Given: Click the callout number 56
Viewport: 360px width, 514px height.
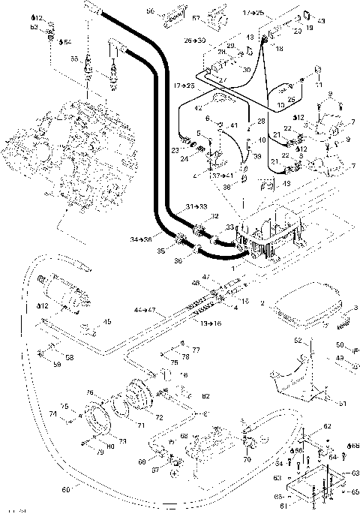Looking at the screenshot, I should (150, 12).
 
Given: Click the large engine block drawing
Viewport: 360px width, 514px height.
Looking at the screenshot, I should (71, 158).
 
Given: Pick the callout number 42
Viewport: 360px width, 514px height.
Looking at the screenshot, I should (198, 108).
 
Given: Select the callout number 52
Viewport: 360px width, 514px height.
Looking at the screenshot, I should (298, 341).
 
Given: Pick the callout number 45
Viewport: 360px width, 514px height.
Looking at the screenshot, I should (107, 323).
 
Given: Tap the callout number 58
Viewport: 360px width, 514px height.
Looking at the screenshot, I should (69, 358).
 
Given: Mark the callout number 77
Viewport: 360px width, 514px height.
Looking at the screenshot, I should (196, 350).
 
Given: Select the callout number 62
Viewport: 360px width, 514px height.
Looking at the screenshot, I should (327, 426).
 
